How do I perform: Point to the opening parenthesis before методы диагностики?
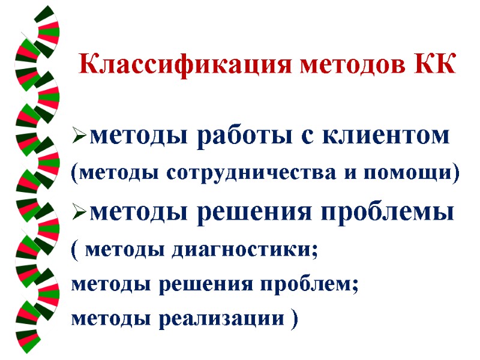click(74, 250)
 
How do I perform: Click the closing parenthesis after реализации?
click(293, 319)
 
